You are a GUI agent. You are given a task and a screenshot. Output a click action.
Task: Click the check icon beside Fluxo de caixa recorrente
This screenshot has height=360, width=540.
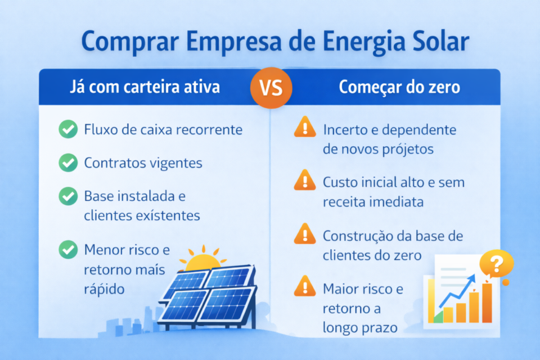(x=68, y=130)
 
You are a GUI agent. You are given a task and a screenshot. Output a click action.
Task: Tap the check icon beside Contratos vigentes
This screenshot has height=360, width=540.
(x=68, y=163)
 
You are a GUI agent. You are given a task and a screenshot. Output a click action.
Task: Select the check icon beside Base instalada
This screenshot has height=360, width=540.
(x=68, y=196)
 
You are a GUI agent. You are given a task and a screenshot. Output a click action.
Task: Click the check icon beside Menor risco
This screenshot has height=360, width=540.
(x=68, y=249)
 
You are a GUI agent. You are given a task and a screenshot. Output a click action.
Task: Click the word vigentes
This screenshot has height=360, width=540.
(x=175, y=163)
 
